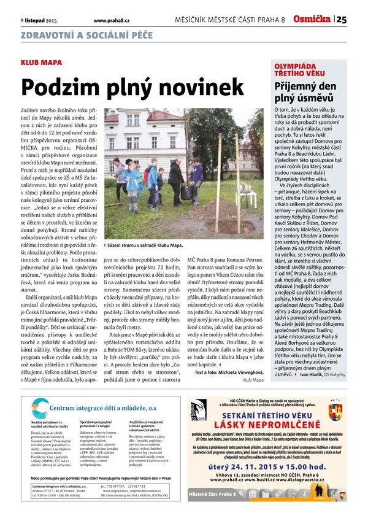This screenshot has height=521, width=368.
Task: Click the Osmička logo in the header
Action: click(311, 19)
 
